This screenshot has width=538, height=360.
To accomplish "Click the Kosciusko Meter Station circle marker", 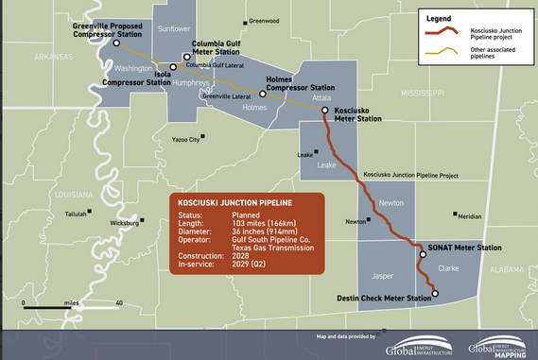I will [x=324, y=111].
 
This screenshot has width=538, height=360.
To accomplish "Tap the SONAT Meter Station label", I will [x=463, y=248].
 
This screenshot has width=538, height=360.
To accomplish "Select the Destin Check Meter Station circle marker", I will [x=436, y=294].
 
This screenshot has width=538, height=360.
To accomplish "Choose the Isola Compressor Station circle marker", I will [x=173, y=68].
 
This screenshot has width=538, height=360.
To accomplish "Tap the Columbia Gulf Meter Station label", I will [x=223, y=48].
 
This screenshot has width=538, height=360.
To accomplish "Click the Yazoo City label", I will [x=186, y=140].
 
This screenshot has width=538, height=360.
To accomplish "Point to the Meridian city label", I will [x=469, y=216].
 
